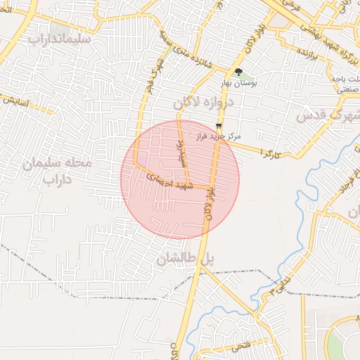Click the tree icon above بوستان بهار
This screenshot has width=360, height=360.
(238, 72)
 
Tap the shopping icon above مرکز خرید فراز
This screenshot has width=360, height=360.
(219, 125)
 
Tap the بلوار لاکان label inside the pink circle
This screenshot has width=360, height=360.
(209, 204)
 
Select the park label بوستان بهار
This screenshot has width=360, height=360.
(240, 82)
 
